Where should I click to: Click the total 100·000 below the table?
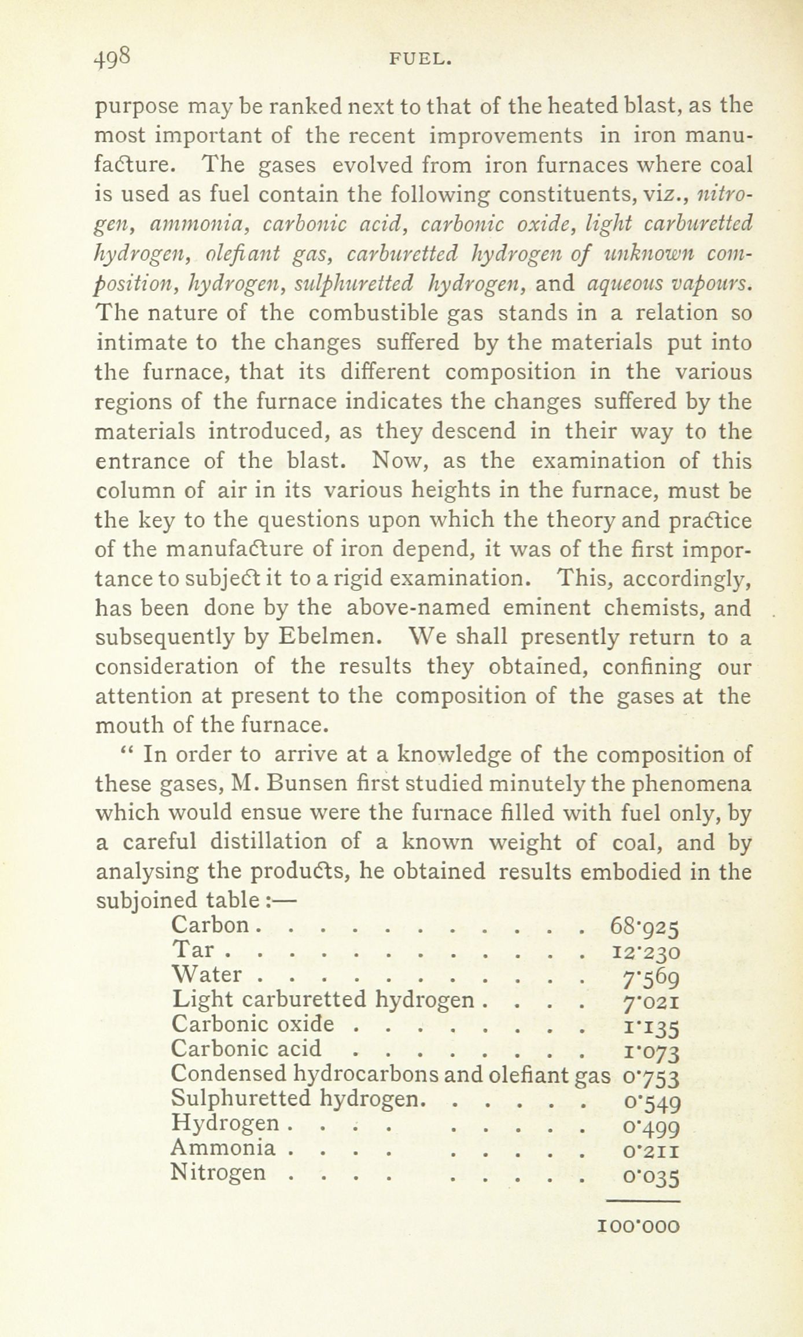pyautogui.click(x=638, y=1224)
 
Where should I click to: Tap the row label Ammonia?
pyautogui.click(x=223, y=1147)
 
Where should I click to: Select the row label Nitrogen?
pyautogui.click(x=219, y=1172)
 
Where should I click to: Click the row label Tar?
pyautogui.click(x=193, y=950)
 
